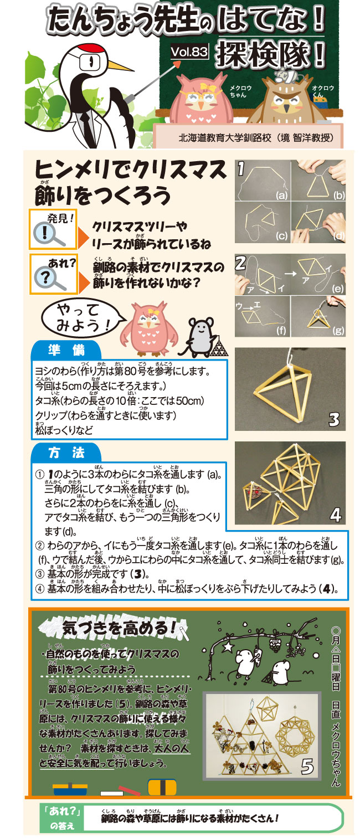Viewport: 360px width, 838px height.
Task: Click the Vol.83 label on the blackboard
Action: (189, 52)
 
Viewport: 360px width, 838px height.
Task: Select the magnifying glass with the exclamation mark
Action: (49, 234)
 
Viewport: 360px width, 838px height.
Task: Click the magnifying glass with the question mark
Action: (49, 279)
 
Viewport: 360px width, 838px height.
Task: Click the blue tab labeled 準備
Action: (66, 350)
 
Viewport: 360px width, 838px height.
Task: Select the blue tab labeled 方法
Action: (66, 453)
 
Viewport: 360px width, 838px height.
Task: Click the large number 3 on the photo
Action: (334, 419)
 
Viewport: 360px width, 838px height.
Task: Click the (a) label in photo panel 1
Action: (281, 195)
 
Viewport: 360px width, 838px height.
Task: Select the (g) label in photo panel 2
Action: (338, 330)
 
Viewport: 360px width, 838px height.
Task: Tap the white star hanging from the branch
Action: (228, 646)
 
